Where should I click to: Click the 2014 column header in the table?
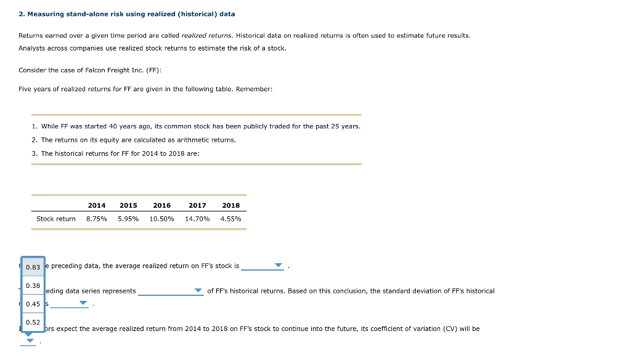(x=96, y=205)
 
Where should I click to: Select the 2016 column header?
(x=161, y=205)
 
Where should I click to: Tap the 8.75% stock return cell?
(x=96, y=219)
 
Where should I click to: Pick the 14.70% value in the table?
(x=197, y=219)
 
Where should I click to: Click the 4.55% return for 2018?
(x=230, y=219)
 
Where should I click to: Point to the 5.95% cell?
(x=128, y=219)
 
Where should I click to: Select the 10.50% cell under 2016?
(x=161, y=219)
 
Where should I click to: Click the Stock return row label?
(x=55, y=219)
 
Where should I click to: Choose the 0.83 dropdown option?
(x=33, y=267)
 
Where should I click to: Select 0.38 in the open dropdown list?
(x=33, y=285)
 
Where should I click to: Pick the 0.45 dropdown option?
(x=33, y=304)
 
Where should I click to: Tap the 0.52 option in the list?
(x=33, y=322)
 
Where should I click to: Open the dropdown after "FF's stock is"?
(x=279, y=266)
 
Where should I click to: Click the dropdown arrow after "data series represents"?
(x=198, y=291)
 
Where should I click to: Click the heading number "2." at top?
(x=21, y=14)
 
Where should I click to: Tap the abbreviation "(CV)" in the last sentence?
(x=450, y=329)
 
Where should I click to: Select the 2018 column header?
(x=231, y=205)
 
